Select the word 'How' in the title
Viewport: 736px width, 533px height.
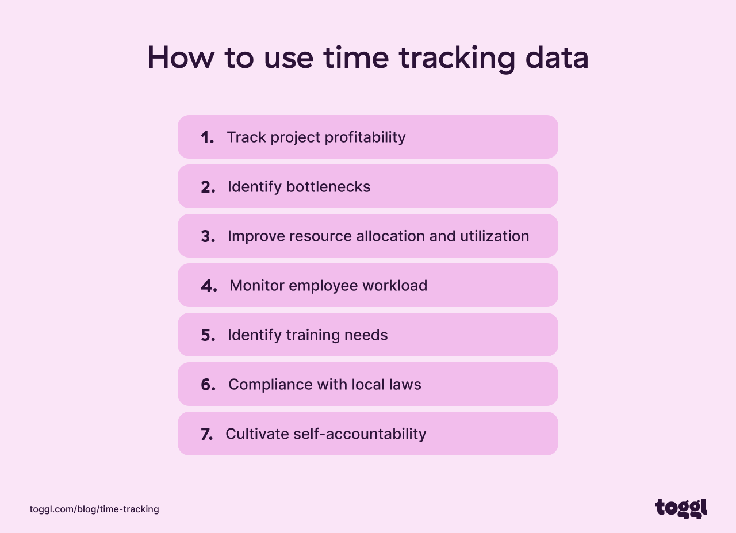click(181, 57)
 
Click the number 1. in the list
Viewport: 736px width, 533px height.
click(207, 137)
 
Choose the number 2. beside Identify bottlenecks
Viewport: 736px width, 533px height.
click(208, 187)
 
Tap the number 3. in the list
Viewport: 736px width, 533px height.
click(208, 236)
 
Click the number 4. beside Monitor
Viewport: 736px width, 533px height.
click(209, 286)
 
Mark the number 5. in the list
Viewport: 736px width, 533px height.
click(208, 335)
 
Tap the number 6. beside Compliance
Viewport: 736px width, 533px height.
click(208, 385)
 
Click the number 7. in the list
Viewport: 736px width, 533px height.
click(206, 434)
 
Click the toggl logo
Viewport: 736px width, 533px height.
click(681, 508)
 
